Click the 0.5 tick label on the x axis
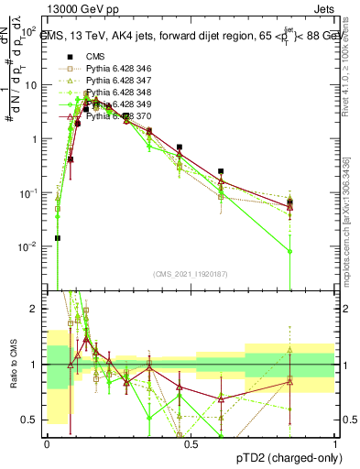(191, 443)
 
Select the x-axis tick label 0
(47, 443)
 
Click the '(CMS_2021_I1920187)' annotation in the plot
(190, 274)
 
